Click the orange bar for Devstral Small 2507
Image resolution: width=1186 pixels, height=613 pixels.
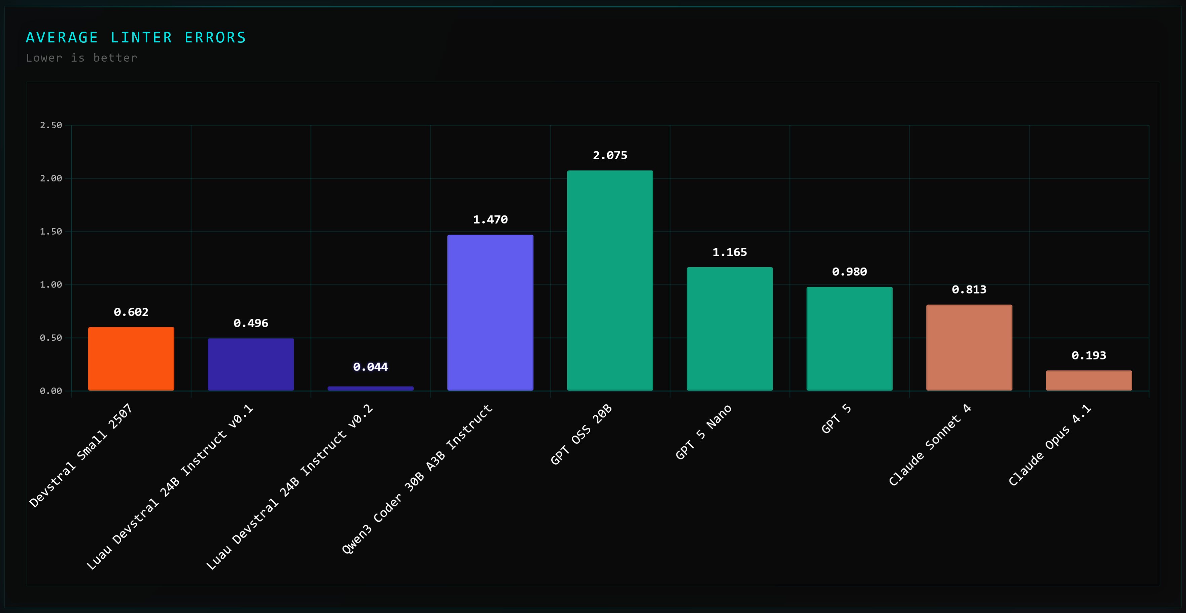131,359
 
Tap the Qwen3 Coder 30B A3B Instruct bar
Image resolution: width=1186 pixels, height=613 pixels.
490,313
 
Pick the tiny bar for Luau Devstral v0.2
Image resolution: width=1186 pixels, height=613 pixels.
371,388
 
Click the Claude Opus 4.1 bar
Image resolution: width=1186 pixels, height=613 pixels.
1088,380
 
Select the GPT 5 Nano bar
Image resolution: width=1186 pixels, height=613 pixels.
729,329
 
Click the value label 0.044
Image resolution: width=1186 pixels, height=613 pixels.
371,367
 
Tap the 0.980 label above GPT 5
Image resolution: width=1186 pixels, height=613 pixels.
849,272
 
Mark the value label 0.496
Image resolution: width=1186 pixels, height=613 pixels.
251,323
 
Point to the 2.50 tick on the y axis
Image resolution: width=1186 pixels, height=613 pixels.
50,125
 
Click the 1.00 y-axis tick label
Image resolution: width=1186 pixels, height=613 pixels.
50,285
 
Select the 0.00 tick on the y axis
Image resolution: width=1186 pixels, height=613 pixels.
50,391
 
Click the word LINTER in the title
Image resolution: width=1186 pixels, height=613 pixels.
141,38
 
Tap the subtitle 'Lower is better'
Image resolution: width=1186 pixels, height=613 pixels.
81,58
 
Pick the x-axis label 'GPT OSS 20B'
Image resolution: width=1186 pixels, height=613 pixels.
581,434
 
